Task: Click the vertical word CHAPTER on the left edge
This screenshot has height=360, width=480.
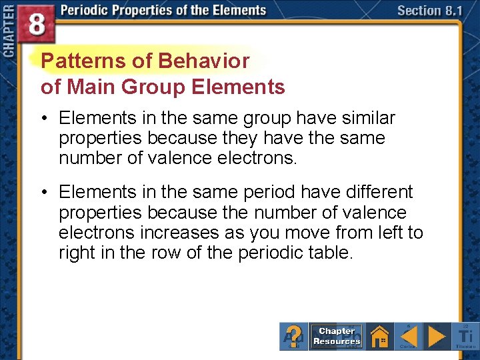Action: pos(8,31)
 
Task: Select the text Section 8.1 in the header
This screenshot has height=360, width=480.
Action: pos(429,11)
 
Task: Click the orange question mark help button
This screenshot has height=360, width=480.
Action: pos(294,335)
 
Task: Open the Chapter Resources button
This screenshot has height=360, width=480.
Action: pos(337,336)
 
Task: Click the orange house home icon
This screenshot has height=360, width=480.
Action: pos(379,335)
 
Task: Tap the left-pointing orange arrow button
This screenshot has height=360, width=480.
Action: pos(408,335)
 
